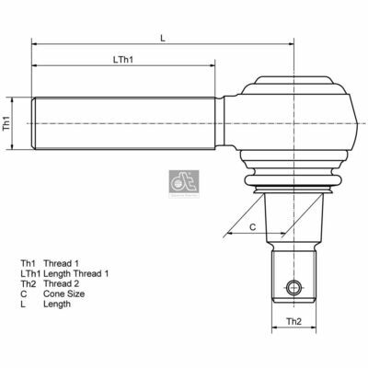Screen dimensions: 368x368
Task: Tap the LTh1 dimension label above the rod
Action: (124, 60)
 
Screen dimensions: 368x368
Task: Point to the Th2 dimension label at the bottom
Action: (292, 321)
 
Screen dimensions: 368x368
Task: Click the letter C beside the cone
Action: (251, 225)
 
